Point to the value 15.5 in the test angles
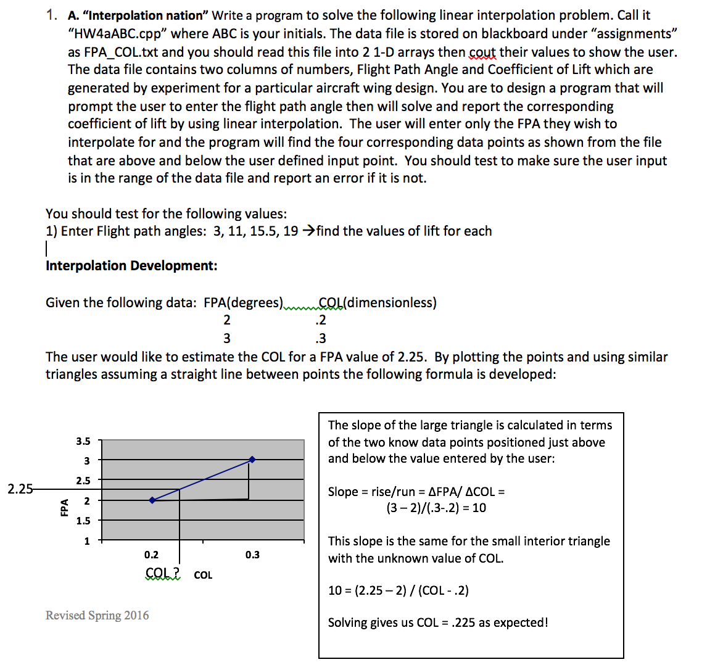click(263, 231)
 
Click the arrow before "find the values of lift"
click(308, 231)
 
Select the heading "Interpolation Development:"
click(131, 266)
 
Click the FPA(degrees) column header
click(243, 303)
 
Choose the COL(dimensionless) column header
click(378, 303)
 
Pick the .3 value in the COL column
click(320, 339)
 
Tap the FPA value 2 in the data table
click(226, 320)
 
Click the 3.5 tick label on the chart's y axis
click(83, 441)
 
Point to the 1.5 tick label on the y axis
click(83, 521)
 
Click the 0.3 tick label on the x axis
click(252, 555)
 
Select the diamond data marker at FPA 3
click(252, 460)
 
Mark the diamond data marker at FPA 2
click(152, 500)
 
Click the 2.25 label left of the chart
click(20, 489)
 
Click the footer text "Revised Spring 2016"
click(97, 616)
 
